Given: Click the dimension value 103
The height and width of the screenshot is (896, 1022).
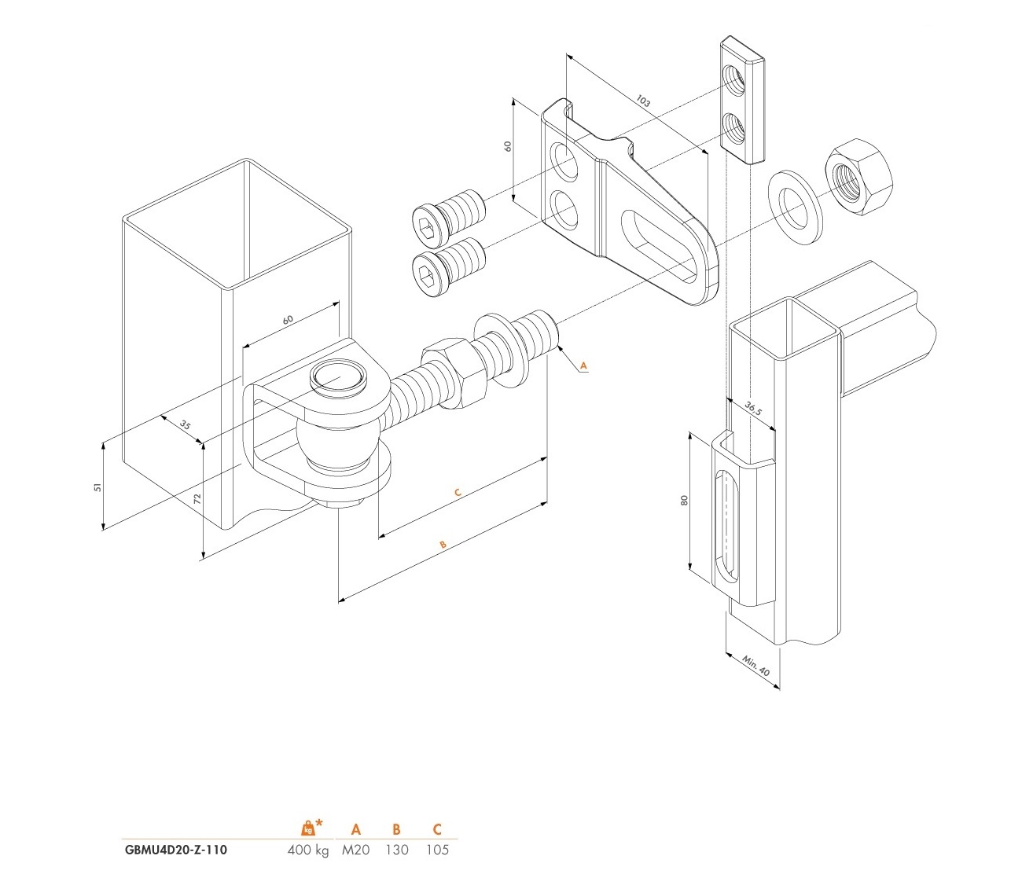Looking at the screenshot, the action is coord(642,101).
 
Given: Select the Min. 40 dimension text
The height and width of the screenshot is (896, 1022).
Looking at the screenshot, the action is coord(755,666).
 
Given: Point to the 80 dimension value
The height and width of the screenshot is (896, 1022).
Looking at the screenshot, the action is coord(684,501).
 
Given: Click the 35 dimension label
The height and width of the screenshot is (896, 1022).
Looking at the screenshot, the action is coord(185,424).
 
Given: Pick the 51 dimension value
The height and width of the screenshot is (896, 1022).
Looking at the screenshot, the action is coord(97,487).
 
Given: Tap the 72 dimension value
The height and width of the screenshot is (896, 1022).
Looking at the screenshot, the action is coord(197,498).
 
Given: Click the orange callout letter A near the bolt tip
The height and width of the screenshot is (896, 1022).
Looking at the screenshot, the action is coord(583,365).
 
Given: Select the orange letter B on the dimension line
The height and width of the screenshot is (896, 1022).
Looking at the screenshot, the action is coord(443,545).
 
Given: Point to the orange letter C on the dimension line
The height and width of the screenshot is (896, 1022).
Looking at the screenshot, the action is coord(458,492).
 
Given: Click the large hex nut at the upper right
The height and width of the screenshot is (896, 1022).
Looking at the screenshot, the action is coord(859,176).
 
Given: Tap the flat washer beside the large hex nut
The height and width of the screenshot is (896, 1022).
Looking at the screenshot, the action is coord(795,207).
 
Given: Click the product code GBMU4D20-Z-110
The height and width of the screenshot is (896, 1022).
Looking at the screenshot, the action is coord(175,850).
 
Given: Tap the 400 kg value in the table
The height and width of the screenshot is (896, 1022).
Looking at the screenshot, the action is coord(307,850).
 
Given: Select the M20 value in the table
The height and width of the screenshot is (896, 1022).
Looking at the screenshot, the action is coord(355,850).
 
